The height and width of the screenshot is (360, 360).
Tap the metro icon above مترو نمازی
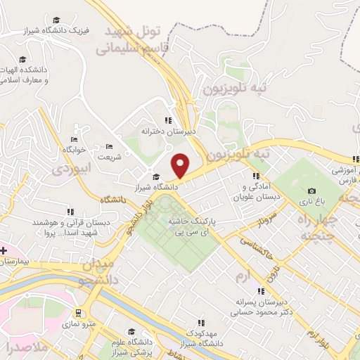(x=77, y=313)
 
